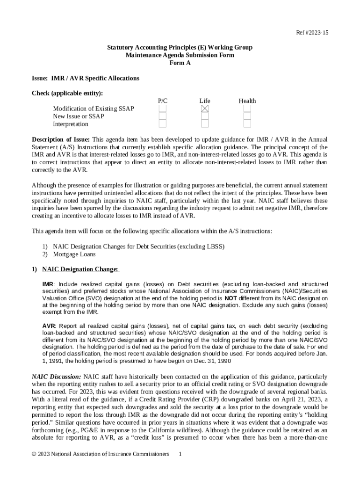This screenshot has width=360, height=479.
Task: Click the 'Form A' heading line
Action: click(x=180, y=63)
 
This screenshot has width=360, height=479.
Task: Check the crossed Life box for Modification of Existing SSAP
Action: click(x=205, y=109)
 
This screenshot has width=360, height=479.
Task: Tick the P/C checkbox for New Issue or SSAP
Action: click(x=162, y=116)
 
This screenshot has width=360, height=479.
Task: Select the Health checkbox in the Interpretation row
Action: click(x=247, y=124)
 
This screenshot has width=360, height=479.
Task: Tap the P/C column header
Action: click(x=163, y=101)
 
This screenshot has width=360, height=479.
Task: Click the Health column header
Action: click(x=247, y=101)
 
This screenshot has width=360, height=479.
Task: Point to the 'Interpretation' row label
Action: click(x=71, y=124)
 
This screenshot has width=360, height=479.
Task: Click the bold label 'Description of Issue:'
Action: click(x=61, y=139)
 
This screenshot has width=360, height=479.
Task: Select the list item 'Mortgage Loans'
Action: click(x=74, y=254)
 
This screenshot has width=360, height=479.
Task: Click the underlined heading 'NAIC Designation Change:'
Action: click(x=80, y=269)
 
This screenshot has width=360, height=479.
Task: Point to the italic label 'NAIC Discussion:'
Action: click(x=57, y=377)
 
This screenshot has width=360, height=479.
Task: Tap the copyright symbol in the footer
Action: click(x=34, y=454)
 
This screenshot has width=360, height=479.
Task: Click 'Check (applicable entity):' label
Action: click(x=67, y=93)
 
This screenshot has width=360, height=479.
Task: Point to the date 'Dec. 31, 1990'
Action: click(x=209, y=361)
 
